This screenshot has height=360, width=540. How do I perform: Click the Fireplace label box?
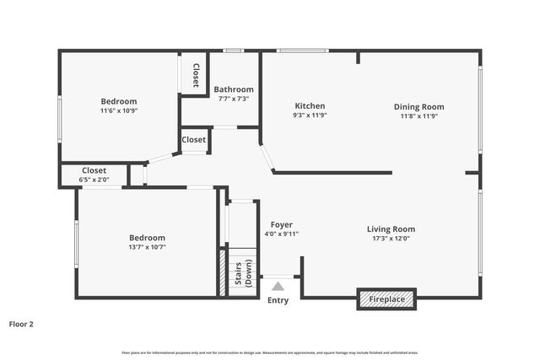(x=386, y=299)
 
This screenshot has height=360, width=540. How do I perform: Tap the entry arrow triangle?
(x=278, y=287)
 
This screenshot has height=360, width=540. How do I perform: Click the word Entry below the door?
(x=278, y=301)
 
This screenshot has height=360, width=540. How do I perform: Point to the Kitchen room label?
(x=309, y=106)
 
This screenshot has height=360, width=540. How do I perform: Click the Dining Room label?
(x=418, y=107)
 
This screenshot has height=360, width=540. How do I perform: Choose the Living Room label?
(x=391, y=228)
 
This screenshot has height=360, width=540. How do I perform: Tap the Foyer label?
(x=282, y=225)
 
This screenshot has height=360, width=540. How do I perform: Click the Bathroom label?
(x=234, y=89)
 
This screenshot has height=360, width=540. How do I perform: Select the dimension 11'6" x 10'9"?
(x=119, y=110)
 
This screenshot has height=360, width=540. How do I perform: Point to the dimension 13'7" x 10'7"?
(x=147, y=247)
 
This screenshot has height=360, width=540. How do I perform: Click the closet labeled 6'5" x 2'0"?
(x=94, y=180)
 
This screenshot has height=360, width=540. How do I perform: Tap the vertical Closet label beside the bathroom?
(x=196, y=75)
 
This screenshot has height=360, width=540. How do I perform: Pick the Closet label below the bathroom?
(x=194, y=140)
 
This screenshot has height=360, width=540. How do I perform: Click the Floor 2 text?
(x=21, y=323)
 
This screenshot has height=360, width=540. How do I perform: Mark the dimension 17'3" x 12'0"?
(x=391, y=238)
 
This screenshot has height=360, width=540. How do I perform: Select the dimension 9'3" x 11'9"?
(x=309, y=116)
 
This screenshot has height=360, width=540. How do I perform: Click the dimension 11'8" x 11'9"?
(x=418, y=116)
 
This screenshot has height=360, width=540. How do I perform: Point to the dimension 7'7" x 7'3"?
(x=234, y=99)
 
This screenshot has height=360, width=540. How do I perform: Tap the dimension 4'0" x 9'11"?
(x=282, y=234)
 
